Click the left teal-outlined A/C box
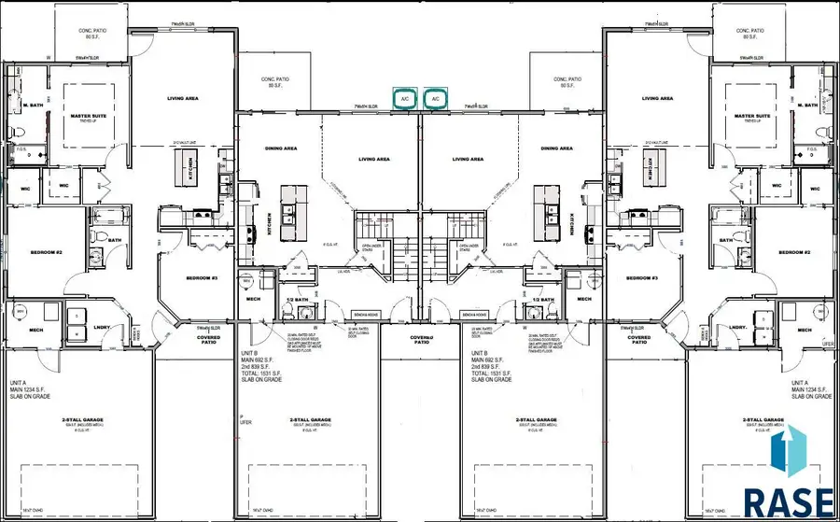405,99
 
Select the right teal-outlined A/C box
435,99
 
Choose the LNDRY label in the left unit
105,327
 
